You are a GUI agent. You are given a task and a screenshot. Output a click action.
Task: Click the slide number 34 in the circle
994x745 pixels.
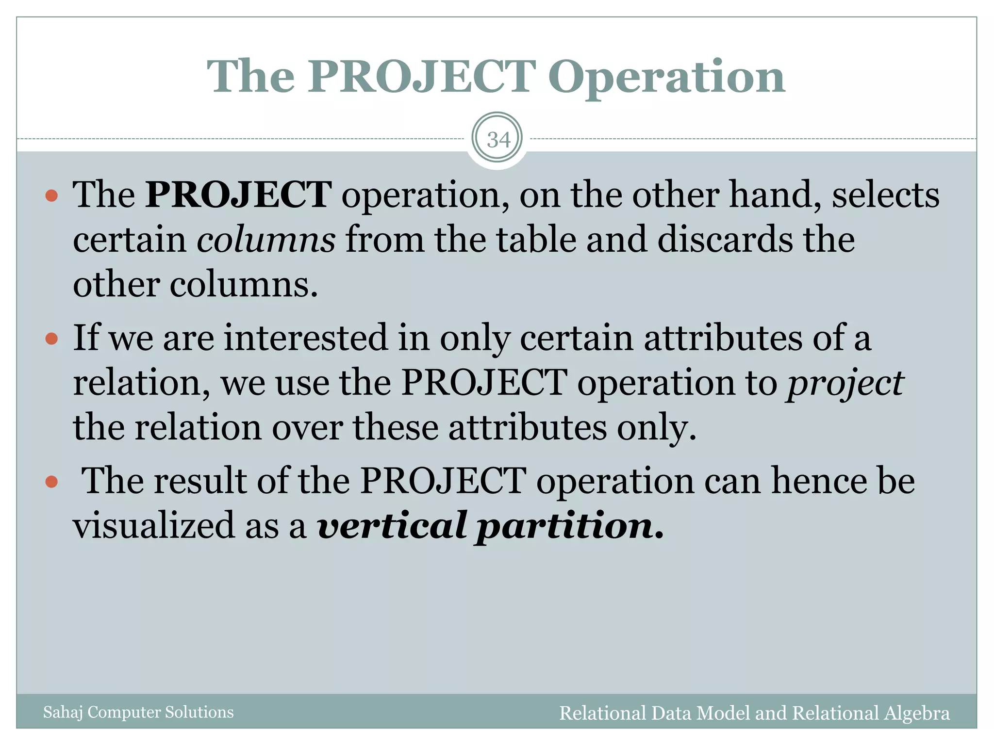pos(498,140)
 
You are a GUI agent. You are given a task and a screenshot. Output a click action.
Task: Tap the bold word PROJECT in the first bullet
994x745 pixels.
pos(238,194)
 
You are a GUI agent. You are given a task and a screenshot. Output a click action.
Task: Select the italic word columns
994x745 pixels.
pos(266,240)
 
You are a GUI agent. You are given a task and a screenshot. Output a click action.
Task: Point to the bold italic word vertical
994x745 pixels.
pos(393,526)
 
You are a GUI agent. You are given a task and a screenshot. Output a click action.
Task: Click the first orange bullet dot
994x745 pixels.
pos(51,196)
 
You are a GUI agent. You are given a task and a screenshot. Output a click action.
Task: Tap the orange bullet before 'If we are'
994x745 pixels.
pos(51,338)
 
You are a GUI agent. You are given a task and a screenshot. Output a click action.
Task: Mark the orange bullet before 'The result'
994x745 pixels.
pos(51,482)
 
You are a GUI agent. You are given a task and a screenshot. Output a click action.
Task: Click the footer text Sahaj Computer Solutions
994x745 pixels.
pos(138,712)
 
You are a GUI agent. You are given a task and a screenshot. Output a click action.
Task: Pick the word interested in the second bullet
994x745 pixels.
pos(306,338)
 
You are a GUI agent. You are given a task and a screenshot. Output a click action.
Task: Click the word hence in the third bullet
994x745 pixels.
pos(819,481)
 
